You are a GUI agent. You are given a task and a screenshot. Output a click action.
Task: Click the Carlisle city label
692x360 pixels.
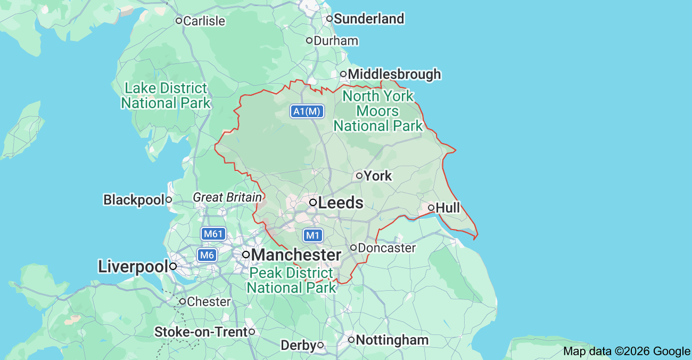pyautogui.click(x=204, y=21)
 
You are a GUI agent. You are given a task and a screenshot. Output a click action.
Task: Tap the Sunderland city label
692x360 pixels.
pyautogui.click(x=368, y=19)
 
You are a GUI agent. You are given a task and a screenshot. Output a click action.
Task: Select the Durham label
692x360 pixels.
pyautogui.click(x=336, y=41)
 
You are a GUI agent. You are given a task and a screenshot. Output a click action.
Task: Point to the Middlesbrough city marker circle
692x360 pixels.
pyautogui.click(x=343, y=74)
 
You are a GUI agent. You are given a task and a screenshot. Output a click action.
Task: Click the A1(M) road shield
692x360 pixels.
pyautogui.click(x=307, y=111)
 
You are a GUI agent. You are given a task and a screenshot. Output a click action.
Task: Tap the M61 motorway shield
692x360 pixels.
pyautogui.click(x=213, y=234)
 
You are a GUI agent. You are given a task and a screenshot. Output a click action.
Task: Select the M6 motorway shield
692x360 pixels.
pyautogui.click(x=207, y=255)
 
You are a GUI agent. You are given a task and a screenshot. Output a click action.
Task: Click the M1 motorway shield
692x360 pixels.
pyautogui.click(x=313, y=235)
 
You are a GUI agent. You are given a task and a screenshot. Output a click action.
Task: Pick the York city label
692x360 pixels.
pyautogui.click(x=378, y=176)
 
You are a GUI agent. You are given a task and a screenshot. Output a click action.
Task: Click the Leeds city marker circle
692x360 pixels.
pyautogui.click(x=314, y=202)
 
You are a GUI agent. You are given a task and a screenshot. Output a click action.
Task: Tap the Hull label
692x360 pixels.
pyautogui.click(x=448, y=208)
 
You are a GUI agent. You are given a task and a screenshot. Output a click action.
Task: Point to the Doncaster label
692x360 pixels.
pyautogui.click(x=386, y=248)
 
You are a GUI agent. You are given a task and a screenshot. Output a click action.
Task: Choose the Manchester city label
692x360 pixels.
pyautogui.click(x=296, y=255)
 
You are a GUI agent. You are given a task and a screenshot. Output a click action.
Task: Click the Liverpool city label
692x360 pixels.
pyautogui.click(x=133, y=267)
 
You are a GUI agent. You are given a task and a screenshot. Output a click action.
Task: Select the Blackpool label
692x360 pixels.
pyautogui.click(x=134, y=200)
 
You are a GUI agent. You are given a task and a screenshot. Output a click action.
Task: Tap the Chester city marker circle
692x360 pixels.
pyautogui.click(x=182, y=301)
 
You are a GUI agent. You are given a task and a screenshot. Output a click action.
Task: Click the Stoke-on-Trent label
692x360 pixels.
pyautogui.click(x=201, y=332)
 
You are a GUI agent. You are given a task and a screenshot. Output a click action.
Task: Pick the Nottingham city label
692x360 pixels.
pyautogui.click(x=392, y=340)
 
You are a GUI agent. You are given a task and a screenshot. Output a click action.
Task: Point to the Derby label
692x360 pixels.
pyautogui.click(x=299, y=346)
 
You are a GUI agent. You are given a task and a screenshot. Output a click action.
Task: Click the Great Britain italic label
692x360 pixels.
pyautogui.click(x=227, y=198)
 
